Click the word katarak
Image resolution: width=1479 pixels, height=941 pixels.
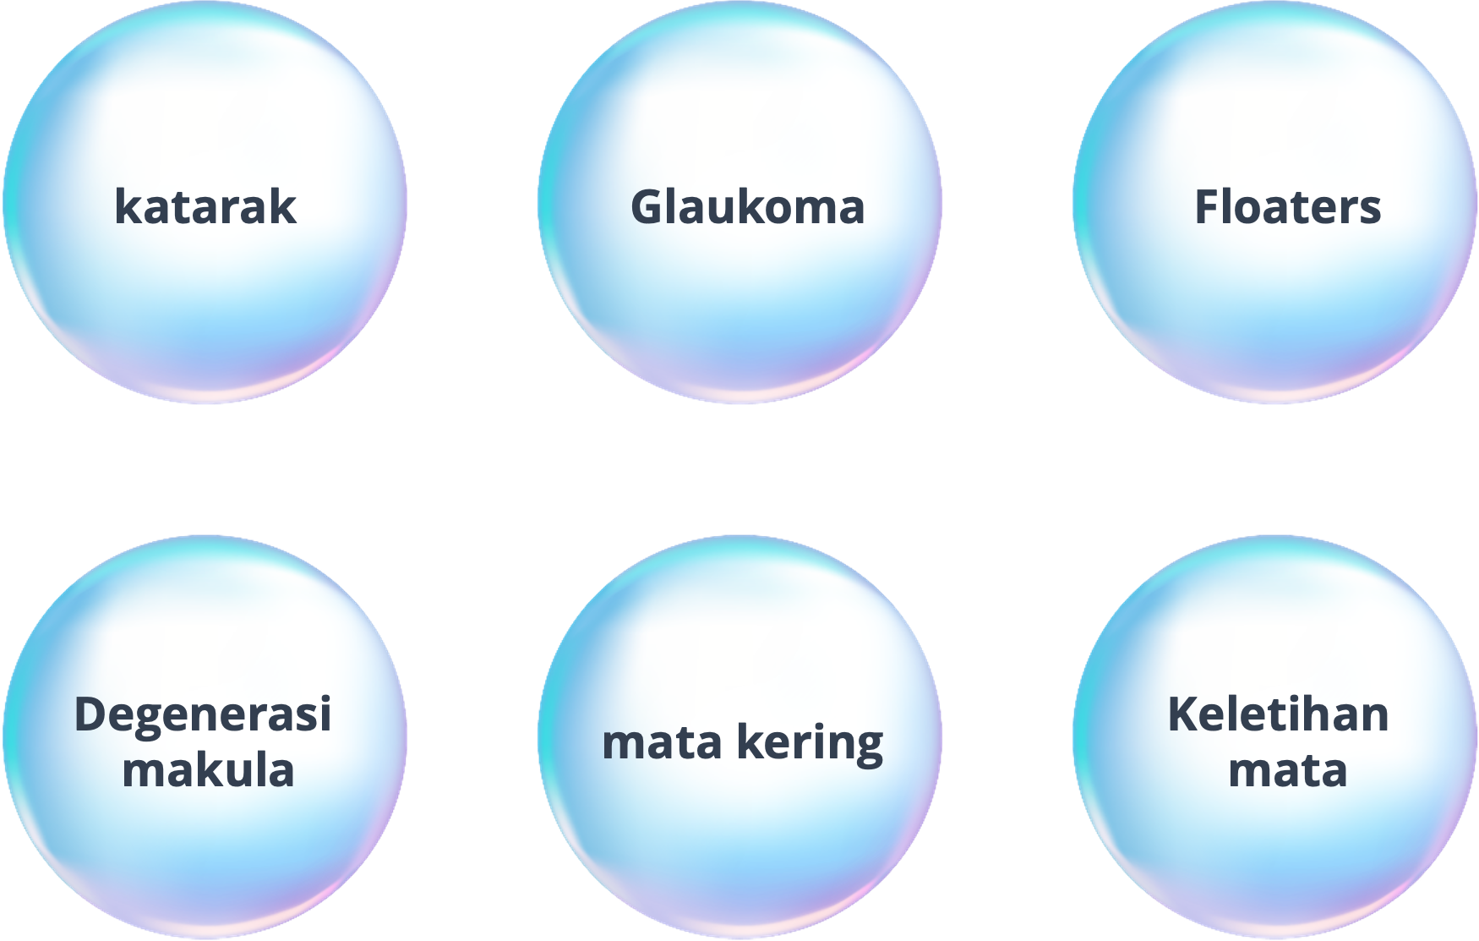click(x=205, y=207)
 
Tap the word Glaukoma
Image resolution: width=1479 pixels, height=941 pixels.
click(x=748, y=207)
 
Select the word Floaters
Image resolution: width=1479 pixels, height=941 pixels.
click(x=1287, y=207)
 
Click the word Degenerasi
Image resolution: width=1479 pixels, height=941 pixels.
click(x=203, y=715)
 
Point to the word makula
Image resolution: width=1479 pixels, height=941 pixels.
click(x=208, y=770)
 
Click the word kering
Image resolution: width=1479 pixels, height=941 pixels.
click(x=809, y=743)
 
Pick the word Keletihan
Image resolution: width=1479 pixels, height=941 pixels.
click(x=1278, y=714)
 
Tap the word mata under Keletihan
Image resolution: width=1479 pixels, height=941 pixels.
click(x=1287, y=770)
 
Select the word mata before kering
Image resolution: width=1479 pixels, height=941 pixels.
click(x=662, y=743)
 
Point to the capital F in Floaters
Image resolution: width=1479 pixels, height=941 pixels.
click(x=1205, y=207)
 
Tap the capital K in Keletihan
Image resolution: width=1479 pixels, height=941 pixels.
click(x=1183, y=714)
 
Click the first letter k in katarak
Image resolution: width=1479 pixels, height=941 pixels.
click(x=126, y=207)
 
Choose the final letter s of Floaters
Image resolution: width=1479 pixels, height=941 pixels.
click(x=1371, y=210)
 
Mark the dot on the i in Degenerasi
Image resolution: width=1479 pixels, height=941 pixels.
click(x=325, y=698)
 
